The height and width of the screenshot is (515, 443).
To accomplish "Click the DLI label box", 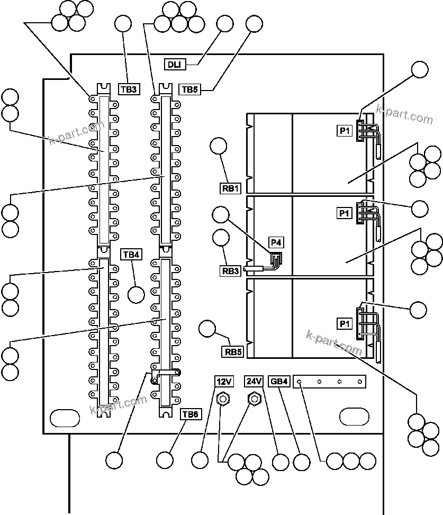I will [174, 65].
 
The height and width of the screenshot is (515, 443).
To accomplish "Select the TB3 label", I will [129, 89].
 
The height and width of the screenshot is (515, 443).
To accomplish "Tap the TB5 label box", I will [189, 89].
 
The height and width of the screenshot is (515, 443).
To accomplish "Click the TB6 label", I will [190, 414].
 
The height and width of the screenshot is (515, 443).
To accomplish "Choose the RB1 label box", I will [231, 187].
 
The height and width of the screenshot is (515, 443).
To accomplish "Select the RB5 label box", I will [232, 351].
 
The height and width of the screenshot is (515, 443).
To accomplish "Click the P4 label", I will [276, 243].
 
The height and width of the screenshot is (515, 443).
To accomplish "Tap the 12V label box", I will [223, 381].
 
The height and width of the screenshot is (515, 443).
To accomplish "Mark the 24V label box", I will [254, 381].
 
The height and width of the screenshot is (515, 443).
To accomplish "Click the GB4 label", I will [279, 381].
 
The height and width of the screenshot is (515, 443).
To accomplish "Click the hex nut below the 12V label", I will [223, 398].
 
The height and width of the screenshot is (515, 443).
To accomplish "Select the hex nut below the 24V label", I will [254, 398].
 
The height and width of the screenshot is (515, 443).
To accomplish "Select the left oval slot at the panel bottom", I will [63, 417].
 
